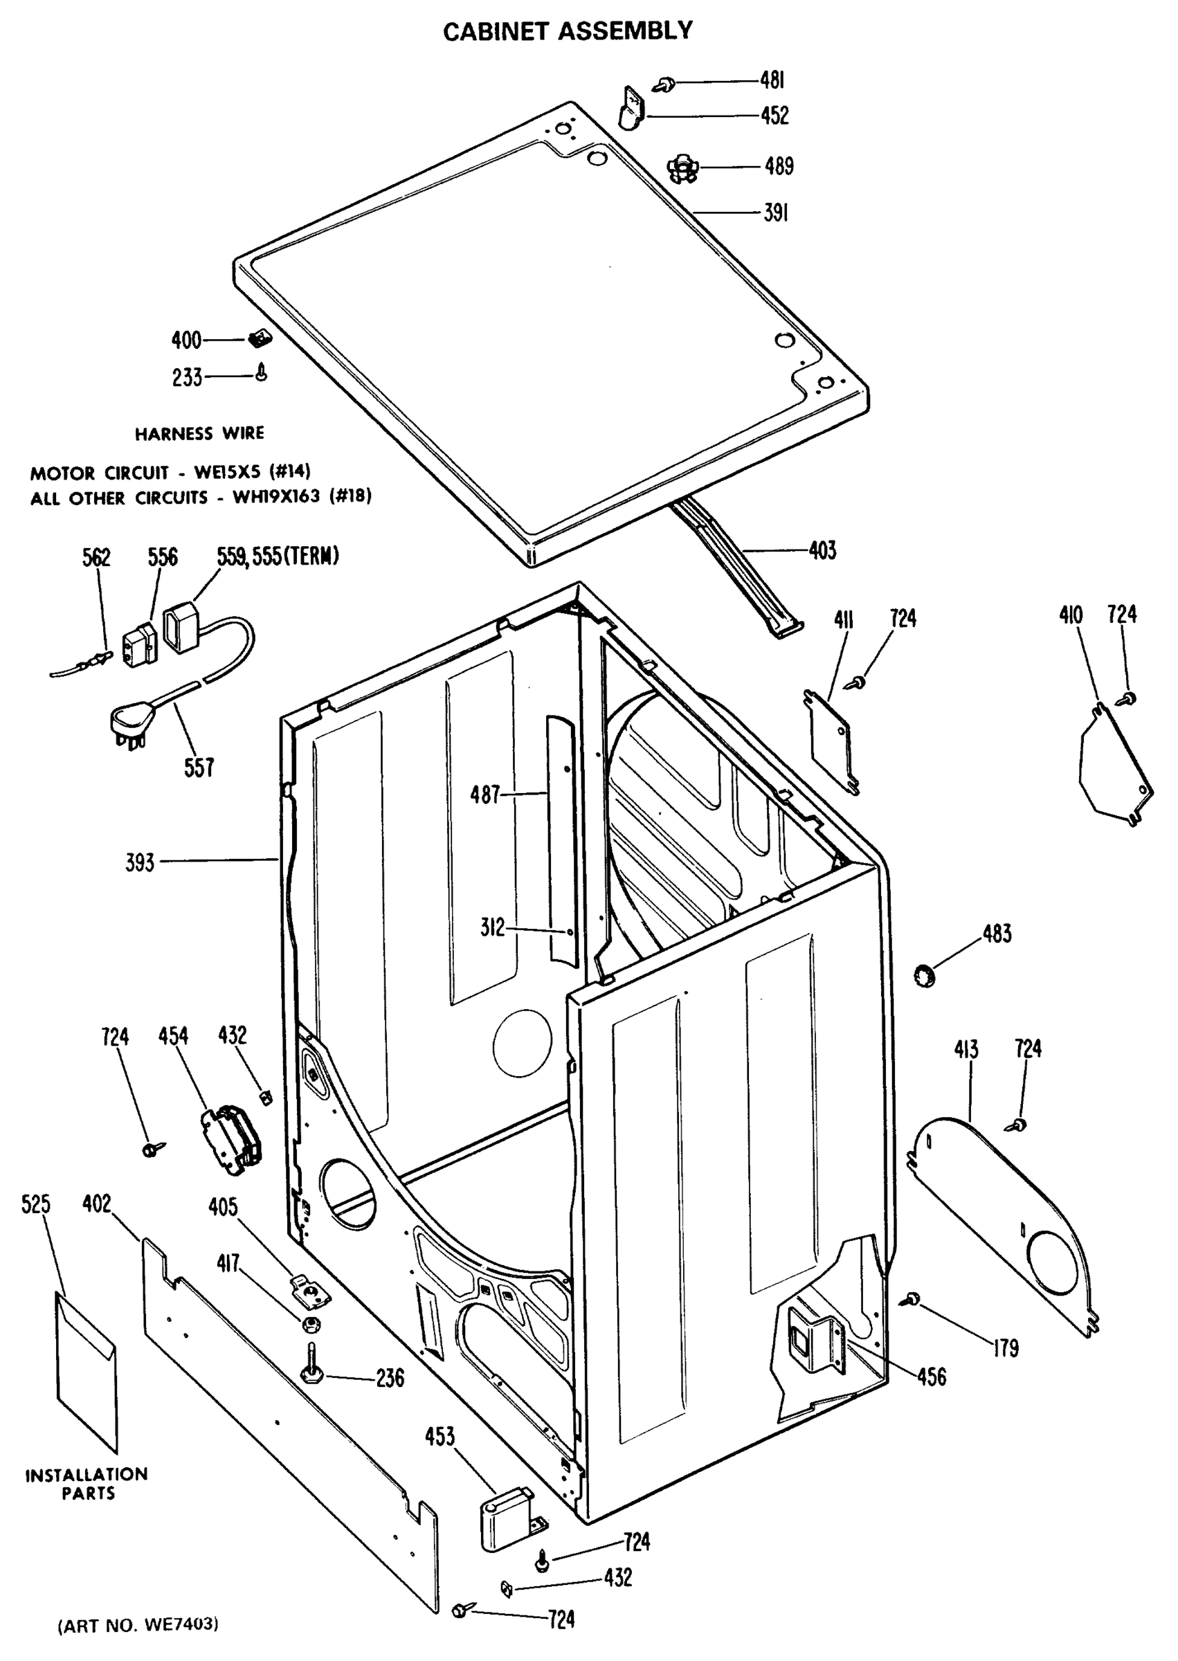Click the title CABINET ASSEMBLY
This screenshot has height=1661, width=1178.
tap(568, 31)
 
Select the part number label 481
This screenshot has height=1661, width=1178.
tap(772, 80)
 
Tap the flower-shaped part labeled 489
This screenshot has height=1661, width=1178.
tap(682, 169)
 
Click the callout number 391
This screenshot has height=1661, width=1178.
tap(775, 212)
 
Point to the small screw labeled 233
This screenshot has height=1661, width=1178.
tap(262, 373)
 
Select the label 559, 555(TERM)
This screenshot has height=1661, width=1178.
tap(278, 556)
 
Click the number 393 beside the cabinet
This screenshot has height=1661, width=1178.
tap(140, 862)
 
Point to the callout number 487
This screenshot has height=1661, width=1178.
tap(484, 795)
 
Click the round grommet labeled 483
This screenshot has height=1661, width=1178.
tap(924, 975)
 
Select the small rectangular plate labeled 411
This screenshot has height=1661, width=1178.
tap(831, 740)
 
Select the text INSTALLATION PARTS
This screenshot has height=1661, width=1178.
tap(87, 1484)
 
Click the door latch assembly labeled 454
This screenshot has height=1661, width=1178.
tap(229, 1138)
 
